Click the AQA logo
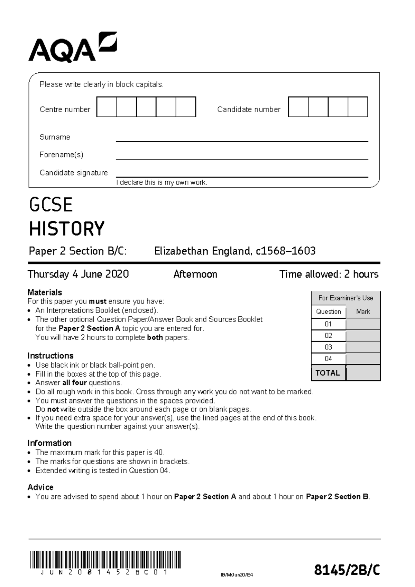[x=73, y=48]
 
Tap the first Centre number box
[x=107, y=107]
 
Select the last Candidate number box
[x=358, y=107]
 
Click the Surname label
[x=55, y=137]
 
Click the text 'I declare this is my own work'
[x=162, y=182]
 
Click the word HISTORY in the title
[x=66, y=229]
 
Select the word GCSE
[x=51, y=205]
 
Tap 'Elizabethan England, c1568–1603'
[x=235, y=251]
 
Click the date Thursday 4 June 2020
[x=78, y=274]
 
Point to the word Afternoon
[x=195, y=274]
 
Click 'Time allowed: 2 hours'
[x=329, y=274]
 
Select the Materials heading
[x=45, y=292]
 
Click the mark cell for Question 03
[x=363, y=347]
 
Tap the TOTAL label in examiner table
[x=328, y=373]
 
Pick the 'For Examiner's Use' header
[x=345, y=298]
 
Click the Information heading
[x=49, y=443]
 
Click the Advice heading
[x=40, y=487]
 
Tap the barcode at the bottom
[x=105, y=560]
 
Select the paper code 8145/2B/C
[x=347, y=570]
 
